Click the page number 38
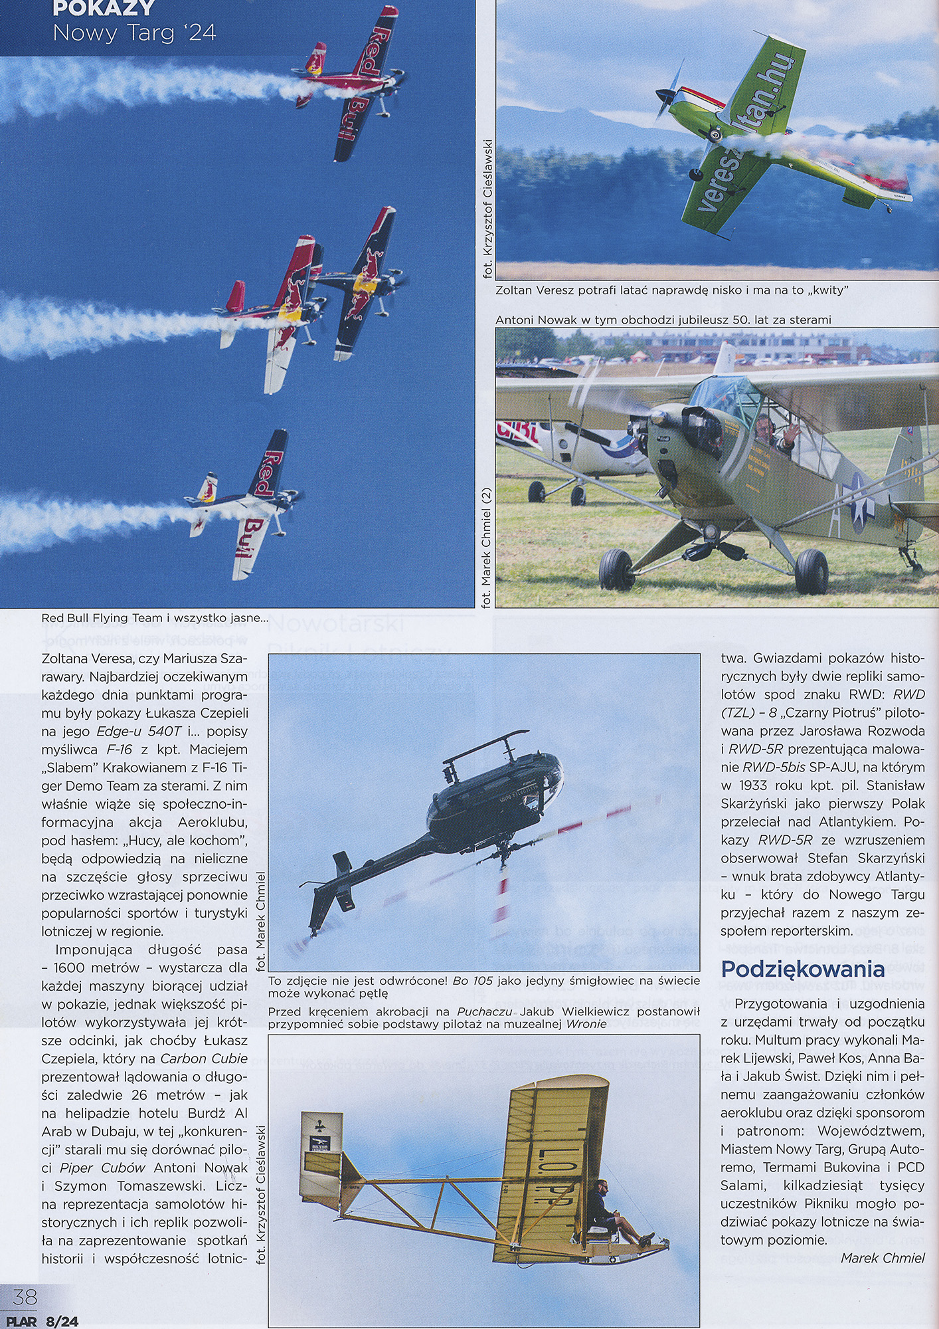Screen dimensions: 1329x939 point(25,1296)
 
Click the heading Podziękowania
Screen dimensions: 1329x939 point(802,969)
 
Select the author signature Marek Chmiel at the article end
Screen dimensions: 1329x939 point(882,1258)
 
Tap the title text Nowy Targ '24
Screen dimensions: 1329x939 point(134,33)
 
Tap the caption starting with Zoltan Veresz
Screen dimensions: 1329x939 point(671,290)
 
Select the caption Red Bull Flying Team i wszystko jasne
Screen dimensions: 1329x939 point(154,618)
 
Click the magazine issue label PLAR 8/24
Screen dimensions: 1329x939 point(42,1322)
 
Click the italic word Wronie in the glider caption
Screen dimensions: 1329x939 point(586,1024)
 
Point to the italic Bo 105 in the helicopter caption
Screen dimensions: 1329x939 point(472,981)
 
